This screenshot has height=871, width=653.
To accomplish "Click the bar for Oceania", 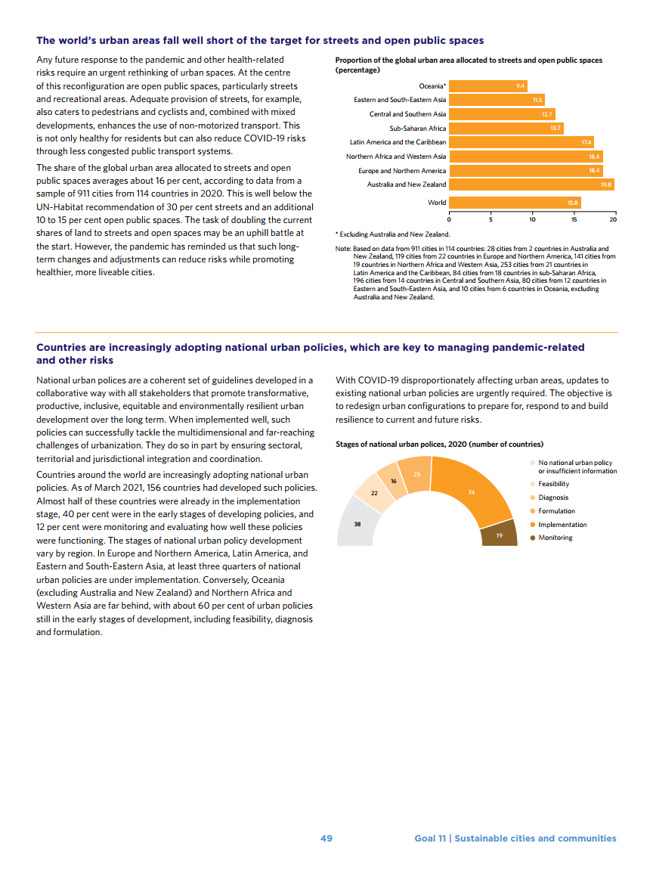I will click(487, 86).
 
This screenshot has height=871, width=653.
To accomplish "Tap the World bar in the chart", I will click(514, 203).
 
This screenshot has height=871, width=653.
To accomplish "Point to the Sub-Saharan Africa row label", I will click(417, 128).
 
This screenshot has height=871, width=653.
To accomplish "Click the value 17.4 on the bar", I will click(586, 142).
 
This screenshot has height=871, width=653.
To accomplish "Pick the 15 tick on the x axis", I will click(574, 219).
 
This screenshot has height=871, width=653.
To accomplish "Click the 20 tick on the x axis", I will click(613, 219).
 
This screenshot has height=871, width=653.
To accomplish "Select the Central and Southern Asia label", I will click(407, 114).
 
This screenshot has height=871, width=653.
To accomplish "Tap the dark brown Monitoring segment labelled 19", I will click(500, 535).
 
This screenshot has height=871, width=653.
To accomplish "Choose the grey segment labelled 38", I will click(357, 523).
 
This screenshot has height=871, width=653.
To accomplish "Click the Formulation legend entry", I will click(556, 511).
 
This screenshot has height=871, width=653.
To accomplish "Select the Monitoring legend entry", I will click(555, 538).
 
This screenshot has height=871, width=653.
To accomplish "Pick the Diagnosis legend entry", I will click(553, 497).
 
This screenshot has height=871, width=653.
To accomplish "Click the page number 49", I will click(326, 838).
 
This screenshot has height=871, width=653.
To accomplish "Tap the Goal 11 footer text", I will click(515, 838).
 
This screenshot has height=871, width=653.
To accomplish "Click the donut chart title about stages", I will click(439, 445).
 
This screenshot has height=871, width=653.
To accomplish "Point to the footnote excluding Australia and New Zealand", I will click(392, 234).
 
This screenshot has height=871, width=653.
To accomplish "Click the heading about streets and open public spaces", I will click(260, 40).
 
